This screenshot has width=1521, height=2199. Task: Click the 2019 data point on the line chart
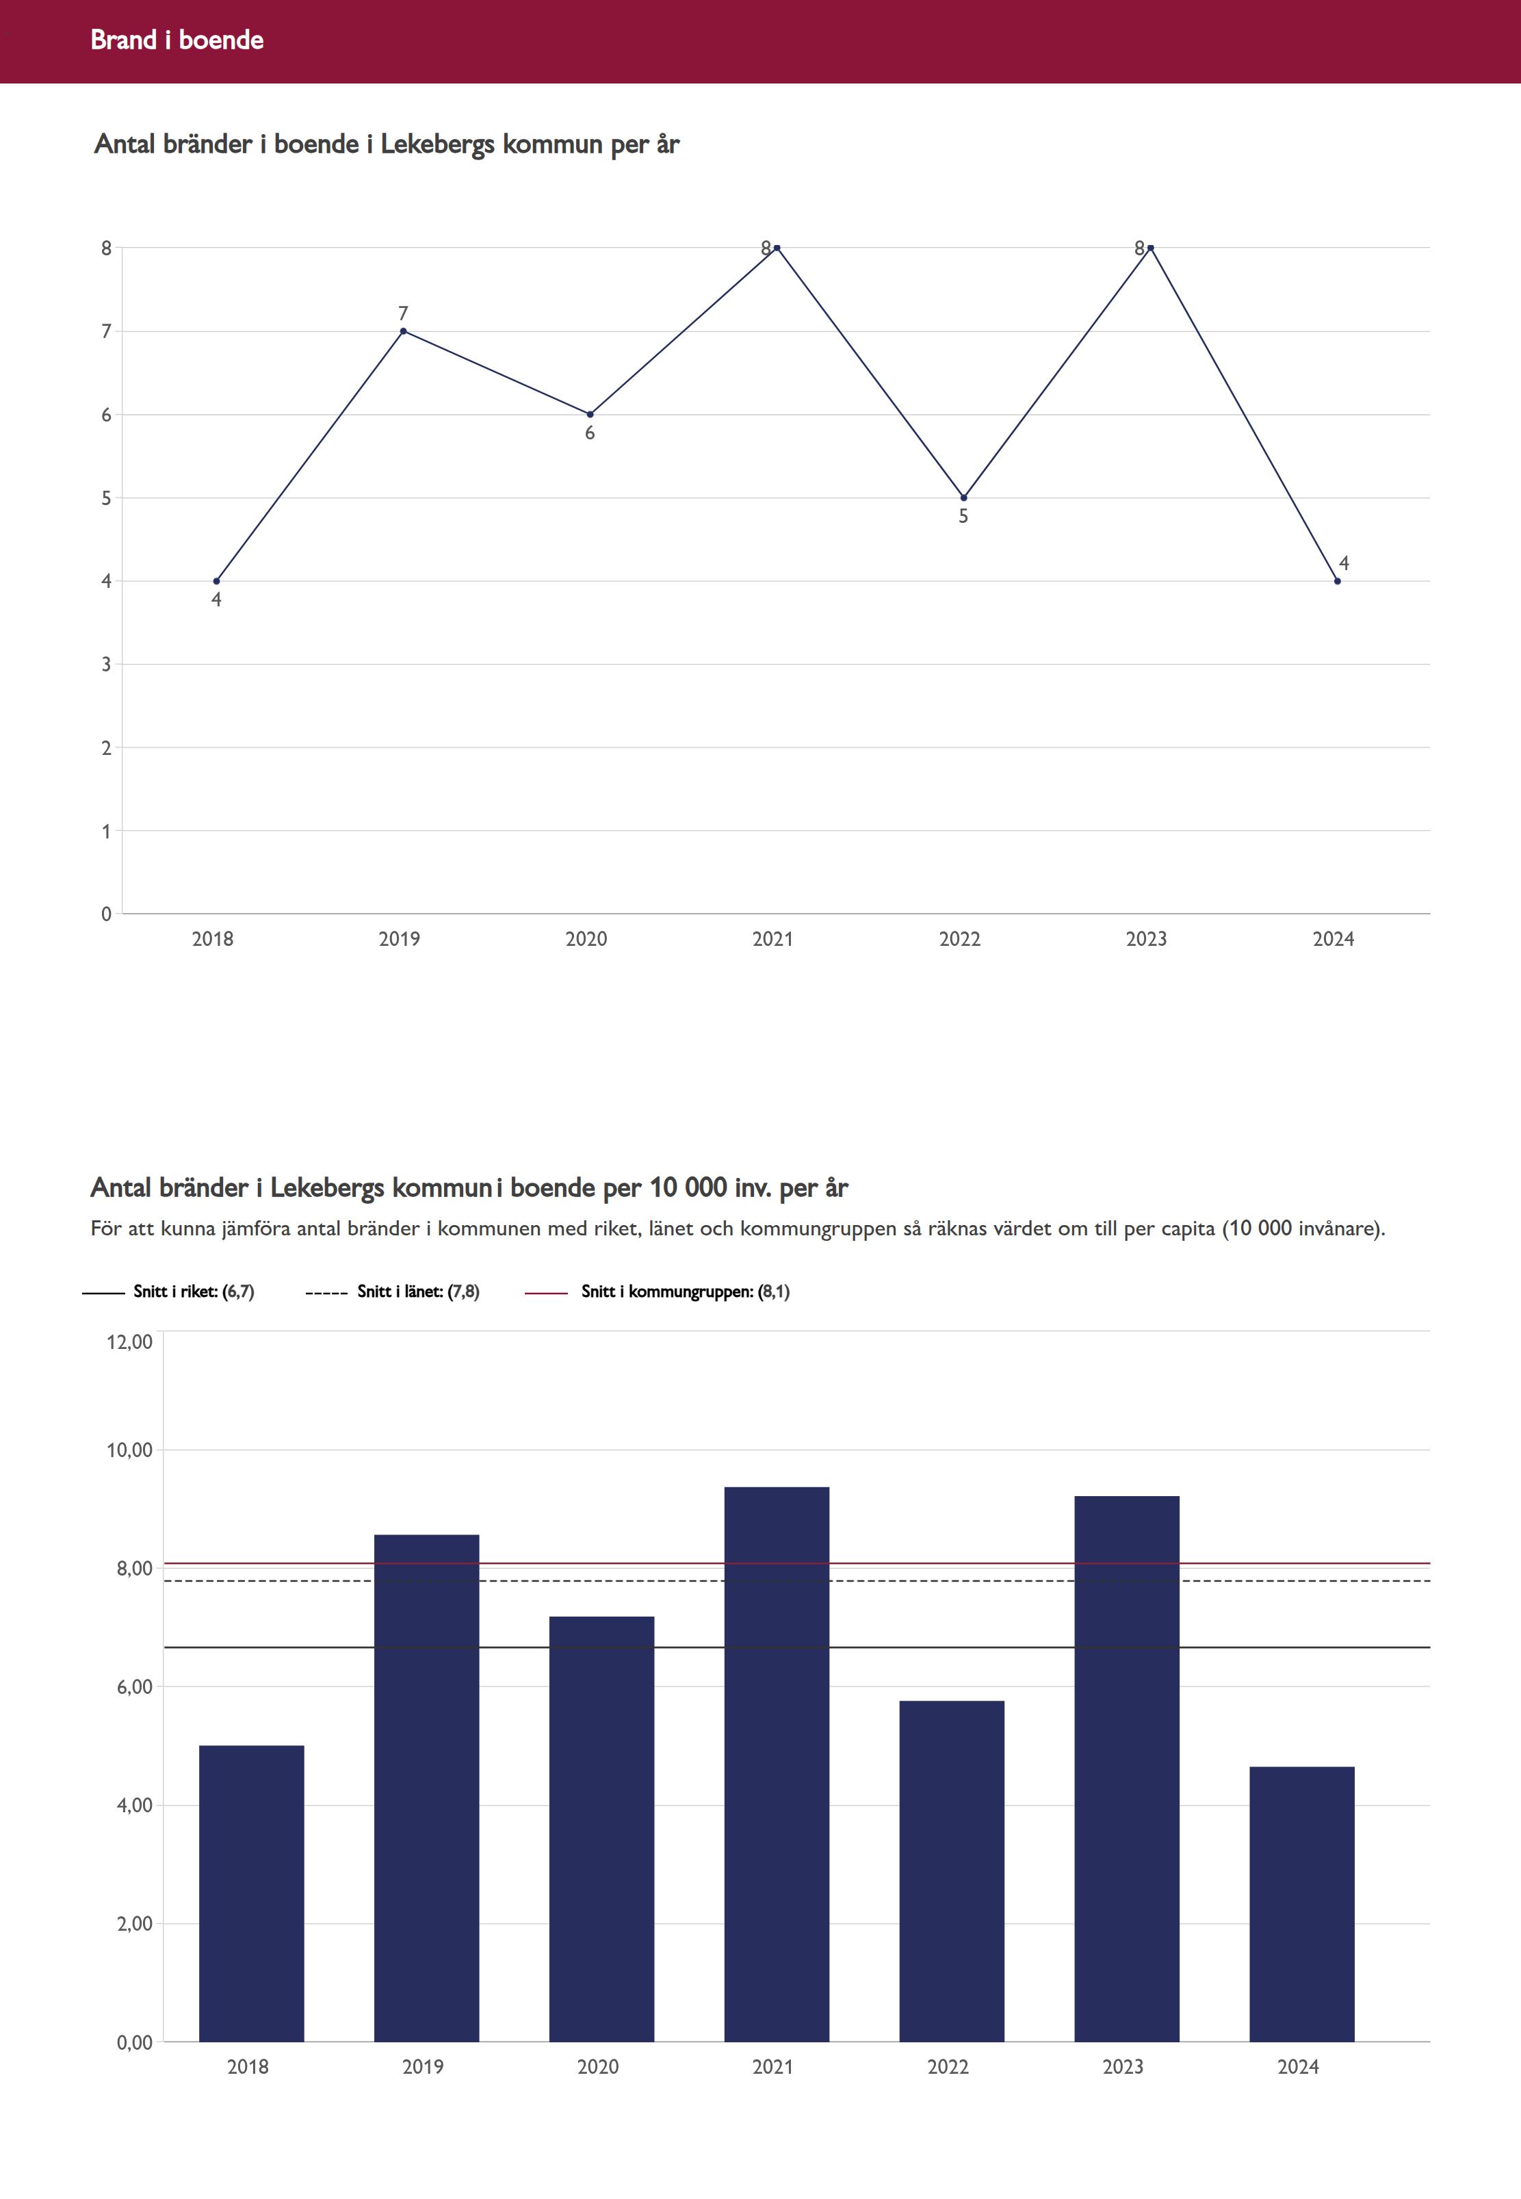[x=403, y=331]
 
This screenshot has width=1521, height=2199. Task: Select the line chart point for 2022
[x=963, y=498]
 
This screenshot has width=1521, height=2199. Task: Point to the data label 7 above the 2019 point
[x=403, y=313]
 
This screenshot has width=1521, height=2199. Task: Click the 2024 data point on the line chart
[x=1337, y=580]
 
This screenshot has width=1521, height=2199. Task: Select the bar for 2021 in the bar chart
[x=777, y=1764]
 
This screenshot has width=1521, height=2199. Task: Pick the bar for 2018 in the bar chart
[x=252, y=1893]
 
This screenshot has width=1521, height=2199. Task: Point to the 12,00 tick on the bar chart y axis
[x=129, y=1342]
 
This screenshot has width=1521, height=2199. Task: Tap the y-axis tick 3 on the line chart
[x=107, y=665]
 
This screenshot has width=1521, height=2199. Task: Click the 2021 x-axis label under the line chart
[x=772, y=939]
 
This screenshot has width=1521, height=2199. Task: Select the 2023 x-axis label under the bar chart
[x=1123, y=2066]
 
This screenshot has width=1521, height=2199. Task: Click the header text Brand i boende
[x=177, y=40]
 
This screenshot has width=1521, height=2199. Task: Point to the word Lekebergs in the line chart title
[x=437, y=145]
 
